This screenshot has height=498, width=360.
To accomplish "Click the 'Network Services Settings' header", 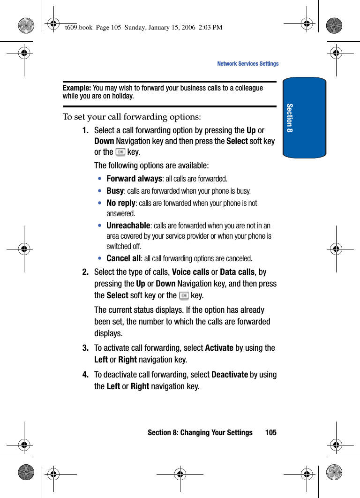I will pos(247,64).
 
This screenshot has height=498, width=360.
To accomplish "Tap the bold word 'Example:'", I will pos(77,88).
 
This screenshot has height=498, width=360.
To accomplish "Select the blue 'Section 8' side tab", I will pos(304,118).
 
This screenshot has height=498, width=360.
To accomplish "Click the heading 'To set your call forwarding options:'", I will pos(132,116).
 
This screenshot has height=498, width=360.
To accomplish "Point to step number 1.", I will pos(86,130).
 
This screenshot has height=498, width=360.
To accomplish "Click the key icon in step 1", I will pos(120,152).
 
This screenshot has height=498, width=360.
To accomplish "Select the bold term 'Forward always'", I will pos(134,179).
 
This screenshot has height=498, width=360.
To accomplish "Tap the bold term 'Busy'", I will pos(115,191).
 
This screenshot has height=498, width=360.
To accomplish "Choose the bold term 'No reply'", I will pos(121,203).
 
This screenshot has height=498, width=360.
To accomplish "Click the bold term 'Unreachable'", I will pos(128,226).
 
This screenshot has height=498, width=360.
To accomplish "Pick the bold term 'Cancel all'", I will pos(123,258).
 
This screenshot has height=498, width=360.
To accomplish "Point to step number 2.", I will pos(86,272).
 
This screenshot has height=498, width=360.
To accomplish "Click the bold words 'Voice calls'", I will pos(191,272).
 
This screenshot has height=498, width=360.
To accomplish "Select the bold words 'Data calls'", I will pos(237,272).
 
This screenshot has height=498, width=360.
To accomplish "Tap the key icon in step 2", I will pos(184,295).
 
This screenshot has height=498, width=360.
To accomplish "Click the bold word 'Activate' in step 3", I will pos(219,348).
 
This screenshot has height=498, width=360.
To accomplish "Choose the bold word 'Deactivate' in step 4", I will pos(230,375).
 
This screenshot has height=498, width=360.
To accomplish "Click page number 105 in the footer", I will pos(270,432).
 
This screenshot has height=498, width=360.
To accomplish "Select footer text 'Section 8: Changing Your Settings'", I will pos(200,432).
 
